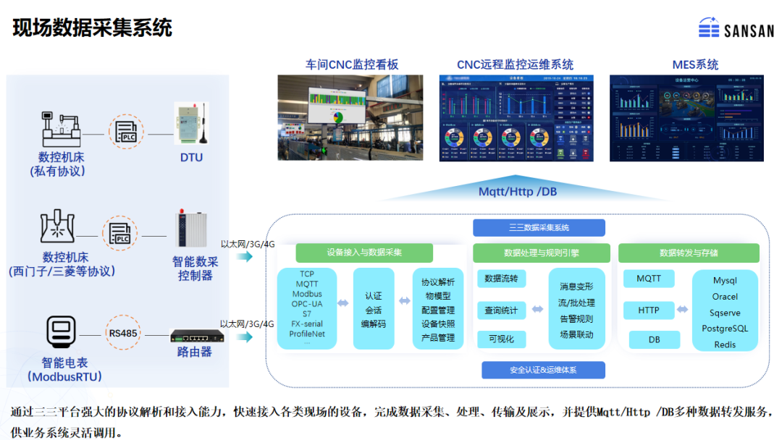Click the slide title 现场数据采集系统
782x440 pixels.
(93, 27)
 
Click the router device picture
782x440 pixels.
(196, 336)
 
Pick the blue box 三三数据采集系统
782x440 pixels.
(539, 227)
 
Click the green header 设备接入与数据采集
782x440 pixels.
(364, 253)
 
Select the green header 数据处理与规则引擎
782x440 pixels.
(542, 253)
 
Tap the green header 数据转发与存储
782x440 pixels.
(689, 253)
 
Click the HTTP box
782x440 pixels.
(649, 310)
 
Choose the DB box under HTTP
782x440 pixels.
(654, 339)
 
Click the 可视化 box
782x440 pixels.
(501, 339)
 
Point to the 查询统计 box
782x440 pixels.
(501, 310)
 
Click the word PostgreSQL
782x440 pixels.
(725, 329)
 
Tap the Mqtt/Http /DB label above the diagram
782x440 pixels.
(518, 192)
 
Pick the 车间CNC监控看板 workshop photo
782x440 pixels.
(350, 118)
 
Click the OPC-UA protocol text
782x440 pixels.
(307, 304)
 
